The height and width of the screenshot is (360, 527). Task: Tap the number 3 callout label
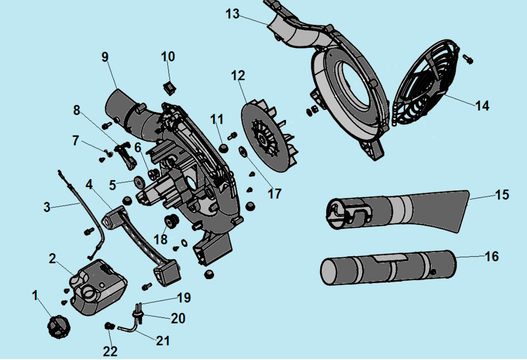(47, 207)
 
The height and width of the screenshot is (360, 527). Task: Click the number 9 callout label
(105, 56)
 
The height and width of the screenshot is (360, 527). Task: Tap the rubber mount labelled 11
(224, 149)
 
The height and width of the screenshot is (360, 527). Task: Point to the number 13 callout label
(232, 14)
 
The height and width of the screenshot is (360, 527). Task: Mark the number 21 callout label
(162, 341)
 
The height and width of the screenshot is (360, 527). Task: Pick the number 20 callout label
(177, 318)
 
